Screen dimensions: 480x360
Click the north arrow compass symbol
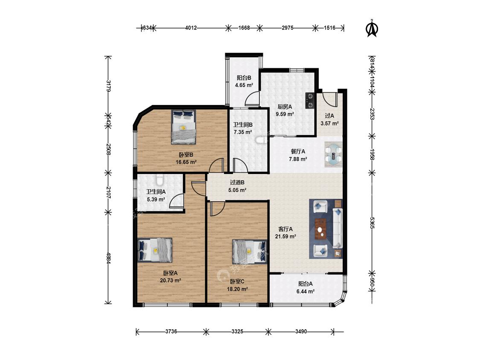(372, 29)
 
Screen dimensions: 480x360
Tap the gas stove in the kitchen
(310, 101)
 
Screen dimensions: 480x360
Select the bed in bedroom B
(183, 127)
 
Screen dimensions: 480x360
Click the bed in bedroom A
(155, 250)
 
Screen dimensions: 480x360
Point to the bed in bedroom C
(250, 251)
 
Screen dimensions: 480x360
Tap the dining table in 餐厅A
(333, 154)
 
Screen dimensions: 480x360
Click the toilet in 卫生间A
(159, 180)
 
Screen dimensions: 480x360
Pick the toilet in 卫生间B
(260, 140)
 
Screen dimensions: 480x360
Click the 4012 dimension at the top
(191, 28)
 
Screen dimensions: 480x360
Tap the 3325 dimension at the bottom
(237, 331)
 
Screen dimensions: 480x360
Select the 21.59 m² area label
(285, 236)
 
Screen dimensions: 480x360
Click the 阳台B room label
(244, 78)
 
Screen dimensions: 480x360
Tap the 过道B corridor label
(237, 183)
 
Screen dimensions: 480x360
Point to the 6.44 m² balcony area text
(305, 291)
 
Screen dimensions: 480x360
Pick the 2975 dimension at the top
(288, 28)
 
